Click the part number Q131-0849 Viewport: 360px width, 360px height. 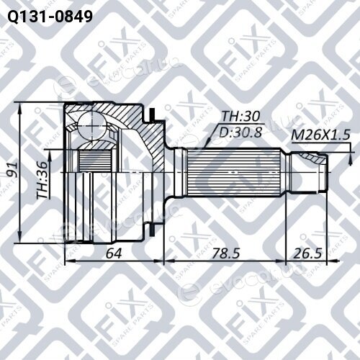pyautogui.click(x=50, y=17)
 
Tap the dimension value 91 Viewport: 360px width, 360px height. pyautogui.click(x=12, y=170)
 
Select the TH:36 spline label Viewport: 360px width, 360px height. pyautogui.click(x=42, y=180)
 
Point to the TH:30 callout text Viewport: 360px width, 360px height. pyautogui.click(x=240, y=116)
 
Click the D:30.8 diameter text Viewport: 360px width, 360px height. pyautogui.click(x=240, y=132)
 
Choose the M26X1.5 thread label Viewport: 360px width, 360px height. pyautogui.click(x=320, y=135)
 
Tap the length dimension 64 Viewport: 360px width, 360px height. pyautogui.click(x=114, y=253)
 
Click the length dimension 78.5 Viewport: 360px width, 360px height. pyautogui.click(x=225, y=253)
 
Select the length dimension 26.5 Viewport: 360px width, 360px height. pyautogui.click(x=307, y=253)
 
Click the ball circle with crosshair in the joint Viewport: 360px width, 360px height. pyautogui.click(x=92, y=126)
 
